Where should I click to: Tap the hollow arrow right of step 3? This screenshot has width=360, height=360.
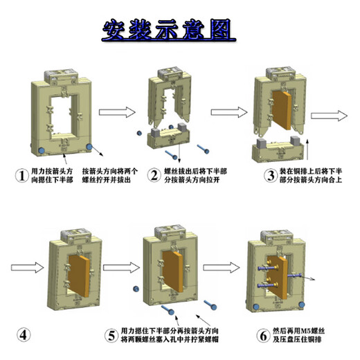tap(337, 115)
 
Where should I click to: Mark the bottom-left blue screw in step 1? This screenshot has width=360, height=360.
tap(41, 150)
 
